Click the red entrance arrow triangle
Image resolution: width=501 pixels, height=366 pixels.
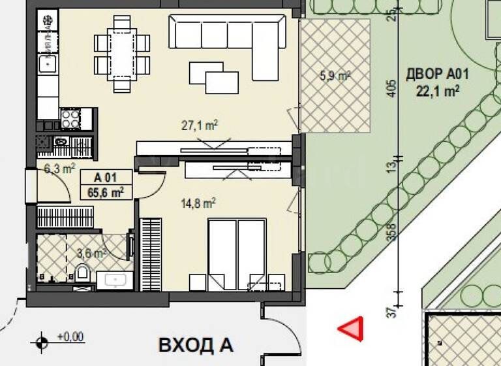click(351, 329)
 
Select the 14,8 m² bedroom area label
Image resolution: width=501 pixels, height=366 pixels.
click(198, 204)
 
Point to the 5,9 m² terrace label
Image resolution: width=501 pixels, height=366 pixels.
click(335, 76)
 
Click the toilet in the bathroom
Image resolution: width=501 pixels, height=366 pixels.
click(83, 273)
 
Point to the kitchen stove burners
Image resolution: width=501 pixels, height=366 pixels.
click(70, 118)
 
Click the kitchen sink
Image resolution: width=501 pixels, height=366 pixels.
click(47, 63)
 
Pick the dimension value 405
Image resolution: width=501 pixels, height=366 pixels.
click(391, 89)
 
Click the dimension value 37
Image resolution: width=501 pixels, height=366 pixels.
click(391, 313)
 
